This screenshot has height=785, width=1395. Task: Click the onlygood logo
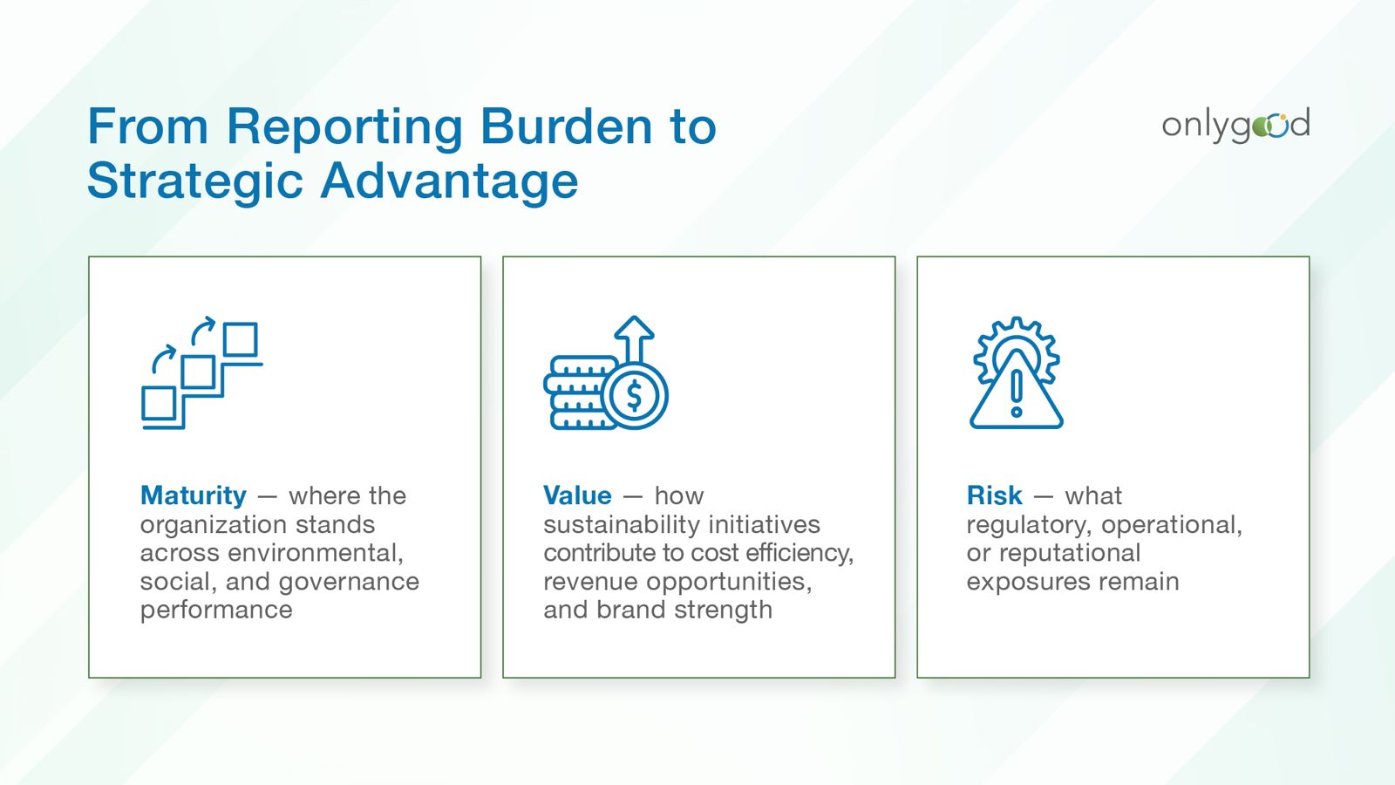click(1235, 126)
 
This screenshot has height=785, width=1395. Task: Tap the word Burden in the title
click(566, 126)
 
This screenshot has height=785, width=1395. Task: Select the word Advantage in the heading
click(449, 181)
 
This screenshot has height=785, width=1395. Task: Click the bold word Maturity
click(194, 495)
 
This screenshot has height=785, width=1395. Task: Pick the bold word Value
click(577, 495)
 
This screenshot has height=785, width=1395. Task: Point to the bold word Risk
click(994, 495)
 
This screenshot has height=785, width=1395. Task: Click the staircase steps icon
click(202, 372)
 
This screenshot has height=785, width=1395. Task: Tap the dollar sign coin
click(635, 396)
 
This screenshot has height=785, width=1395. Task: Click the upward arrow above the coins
click(634, 339)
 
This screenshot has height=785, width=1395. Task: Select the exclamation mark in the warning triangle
click(1017, 393)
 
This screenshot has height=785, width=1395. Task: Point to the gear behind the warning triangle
click(1017, 350)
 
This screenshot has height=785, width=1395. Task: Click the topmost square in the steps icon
click(241, 339)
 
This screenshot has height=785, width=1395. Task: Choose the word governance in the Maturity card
click(349, 583)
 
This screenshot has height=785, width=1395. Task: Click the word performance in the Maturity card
click(216, 611)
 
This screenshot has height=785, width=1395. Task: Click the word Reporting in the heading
click(344, 127)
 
